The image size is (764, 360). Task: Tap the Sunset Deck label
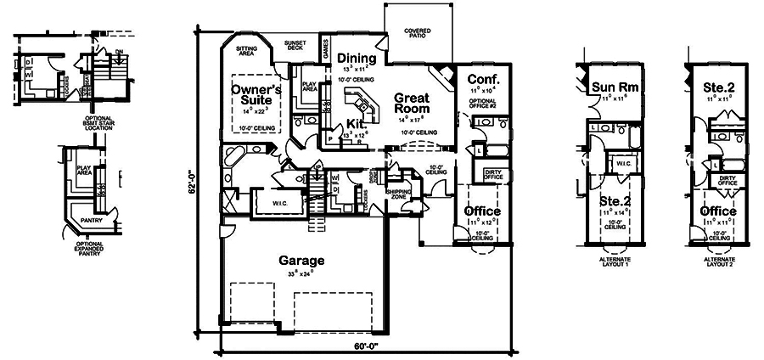(295, 46)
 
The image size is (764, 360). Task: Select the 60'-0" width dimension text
(366, 346)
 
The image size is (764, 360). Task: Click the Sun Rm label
(615, 87)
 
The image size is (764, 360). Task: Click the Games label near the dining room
(325, 51)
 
